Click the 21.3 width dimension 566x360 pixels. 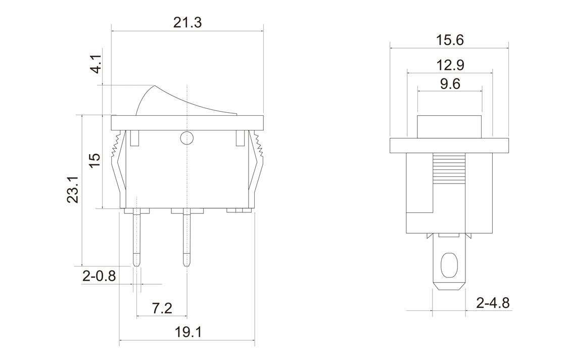tap(187, 22)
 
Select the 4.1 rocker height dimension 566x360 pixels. tap(97, 66)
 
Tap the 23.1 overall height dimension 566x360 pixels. tap(73, 190)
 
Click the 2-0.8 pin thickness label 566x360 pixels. tap(99, 277)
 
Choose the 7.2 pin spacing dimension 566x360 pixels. tap(162, 308)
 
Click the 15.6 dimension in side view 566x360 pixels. tap(449, 40)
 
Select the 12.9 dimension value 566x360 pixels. tap(450, 65)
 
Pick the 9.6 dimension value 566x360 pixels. tap(450, 84)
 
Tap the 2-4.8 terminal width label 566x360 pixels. tap(493, 303)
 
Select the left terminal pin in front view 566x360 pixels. tap(136, 238)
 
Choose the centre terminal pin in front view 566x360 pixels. tap(187, 238)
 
